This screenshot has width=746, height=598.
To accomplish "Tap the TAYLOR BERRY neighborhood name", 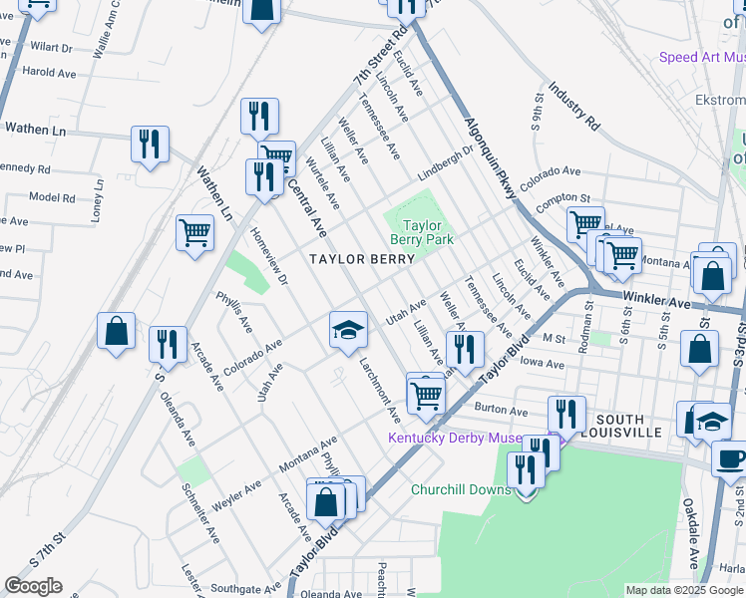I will (362, 259).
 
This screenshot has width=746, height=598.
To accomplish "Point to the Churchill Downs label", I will (461, 489).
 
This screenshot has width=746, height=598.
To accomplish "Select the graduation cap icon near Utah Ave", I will (347, 332).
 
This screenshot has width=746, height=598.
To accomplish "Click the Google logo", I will (33, 586).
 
